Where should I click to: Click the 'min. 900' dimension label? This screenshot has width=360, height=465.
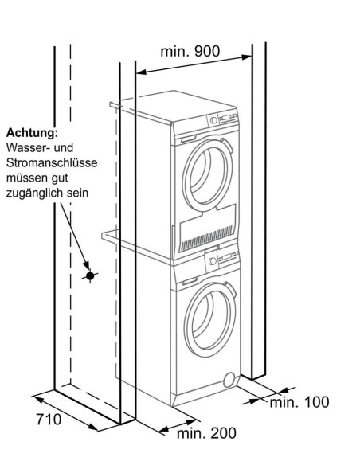tap(190, 51)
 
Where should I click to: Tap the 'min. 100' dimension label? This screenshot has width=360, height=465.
tap(299, 402)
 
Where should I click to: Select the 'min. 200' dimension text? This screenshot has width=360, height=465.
tap(206, 433)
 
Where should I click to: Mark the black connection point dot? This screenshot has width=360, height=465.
tap(91, 275)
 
